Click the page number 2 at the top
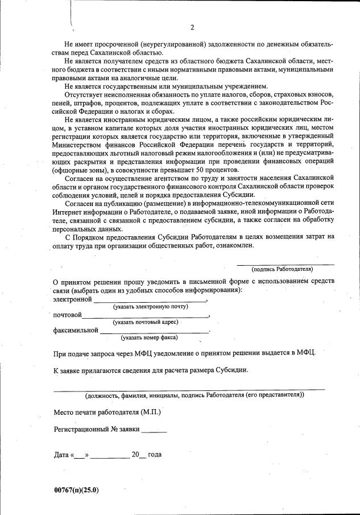point(192,27)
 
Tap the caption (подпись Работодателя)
point(282,269)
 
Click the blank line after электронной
point(150,300)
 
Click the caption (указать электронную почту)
point(150,307)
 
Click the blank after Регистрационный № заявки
point(154,431)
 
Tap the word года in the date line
point(155,455)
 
